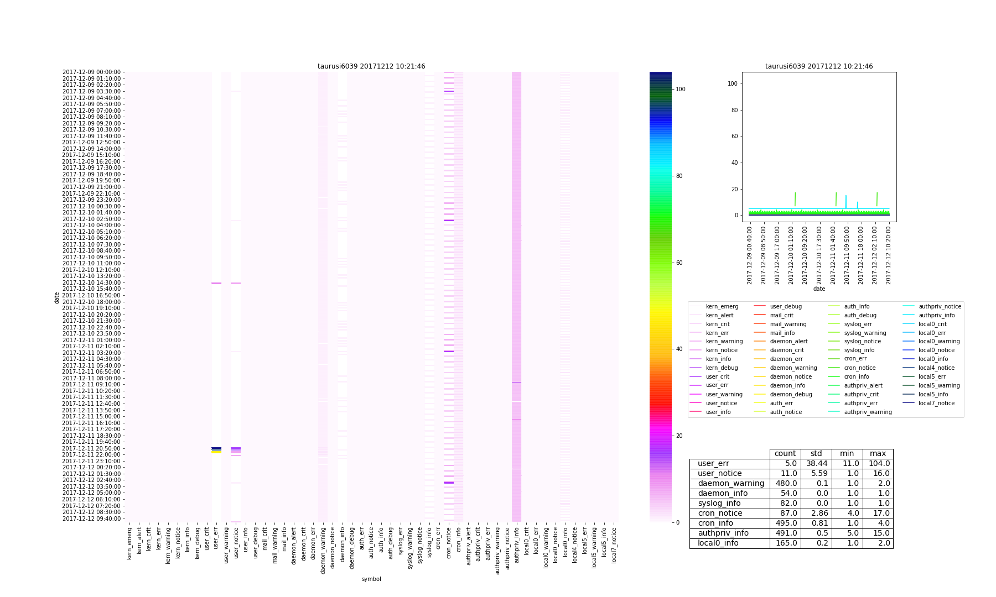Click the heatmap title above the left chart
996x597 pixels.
(x=371, y=66)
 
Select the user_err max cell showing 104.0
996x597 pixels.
(x=878, y=464)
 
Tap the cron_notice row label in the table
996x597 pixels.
(x=720, y=514)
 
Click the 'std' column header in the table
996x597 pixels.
(x=816, y=454)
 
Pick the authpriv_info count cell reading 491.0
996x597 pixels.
(x=785, y=533)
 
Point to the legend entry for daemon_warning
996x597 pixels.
(x=793, y=368)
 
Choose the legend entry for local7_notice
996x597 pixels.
(x=936, y=404)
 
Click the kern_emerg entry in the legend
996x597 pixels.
(x=722, y=307)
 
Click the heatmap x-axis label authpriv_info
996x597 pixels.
(x=517, y=544)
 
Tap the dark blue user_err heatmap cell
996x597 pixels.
(x=216, y=448)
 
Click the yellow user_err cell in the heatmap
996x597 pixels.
(x=216, y=452)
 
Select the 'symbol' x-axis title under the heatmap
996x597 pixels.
(x=371, y=579)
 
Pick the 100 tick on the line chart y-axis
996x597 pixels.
(x=736, y=83)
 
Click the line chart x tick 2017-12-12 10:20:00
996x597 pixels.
(x=888, y=255)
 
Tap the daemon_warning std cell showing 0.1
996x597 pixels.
(x=816, y=484)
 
